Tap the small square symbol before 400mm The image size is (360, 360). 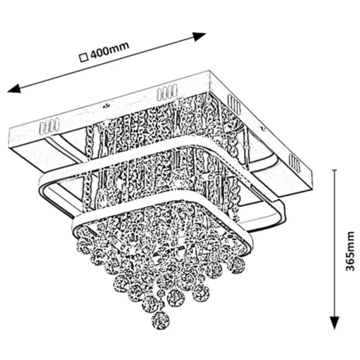point(83,56)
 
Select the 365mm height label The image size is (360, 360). point(350,252)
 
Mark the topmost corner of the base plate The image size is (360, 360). point(209,72)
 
